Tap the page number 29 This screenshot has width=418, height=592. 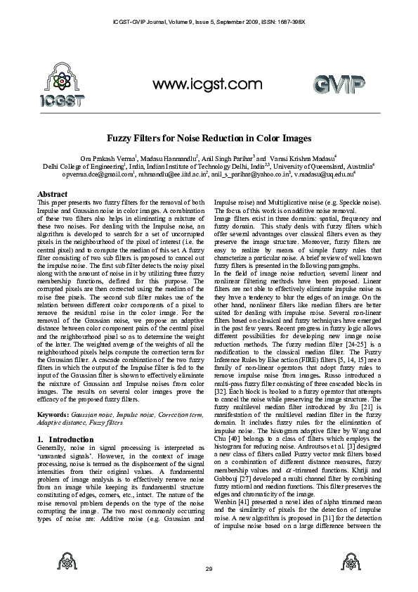pyautogui.click(x=209, y=568)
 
